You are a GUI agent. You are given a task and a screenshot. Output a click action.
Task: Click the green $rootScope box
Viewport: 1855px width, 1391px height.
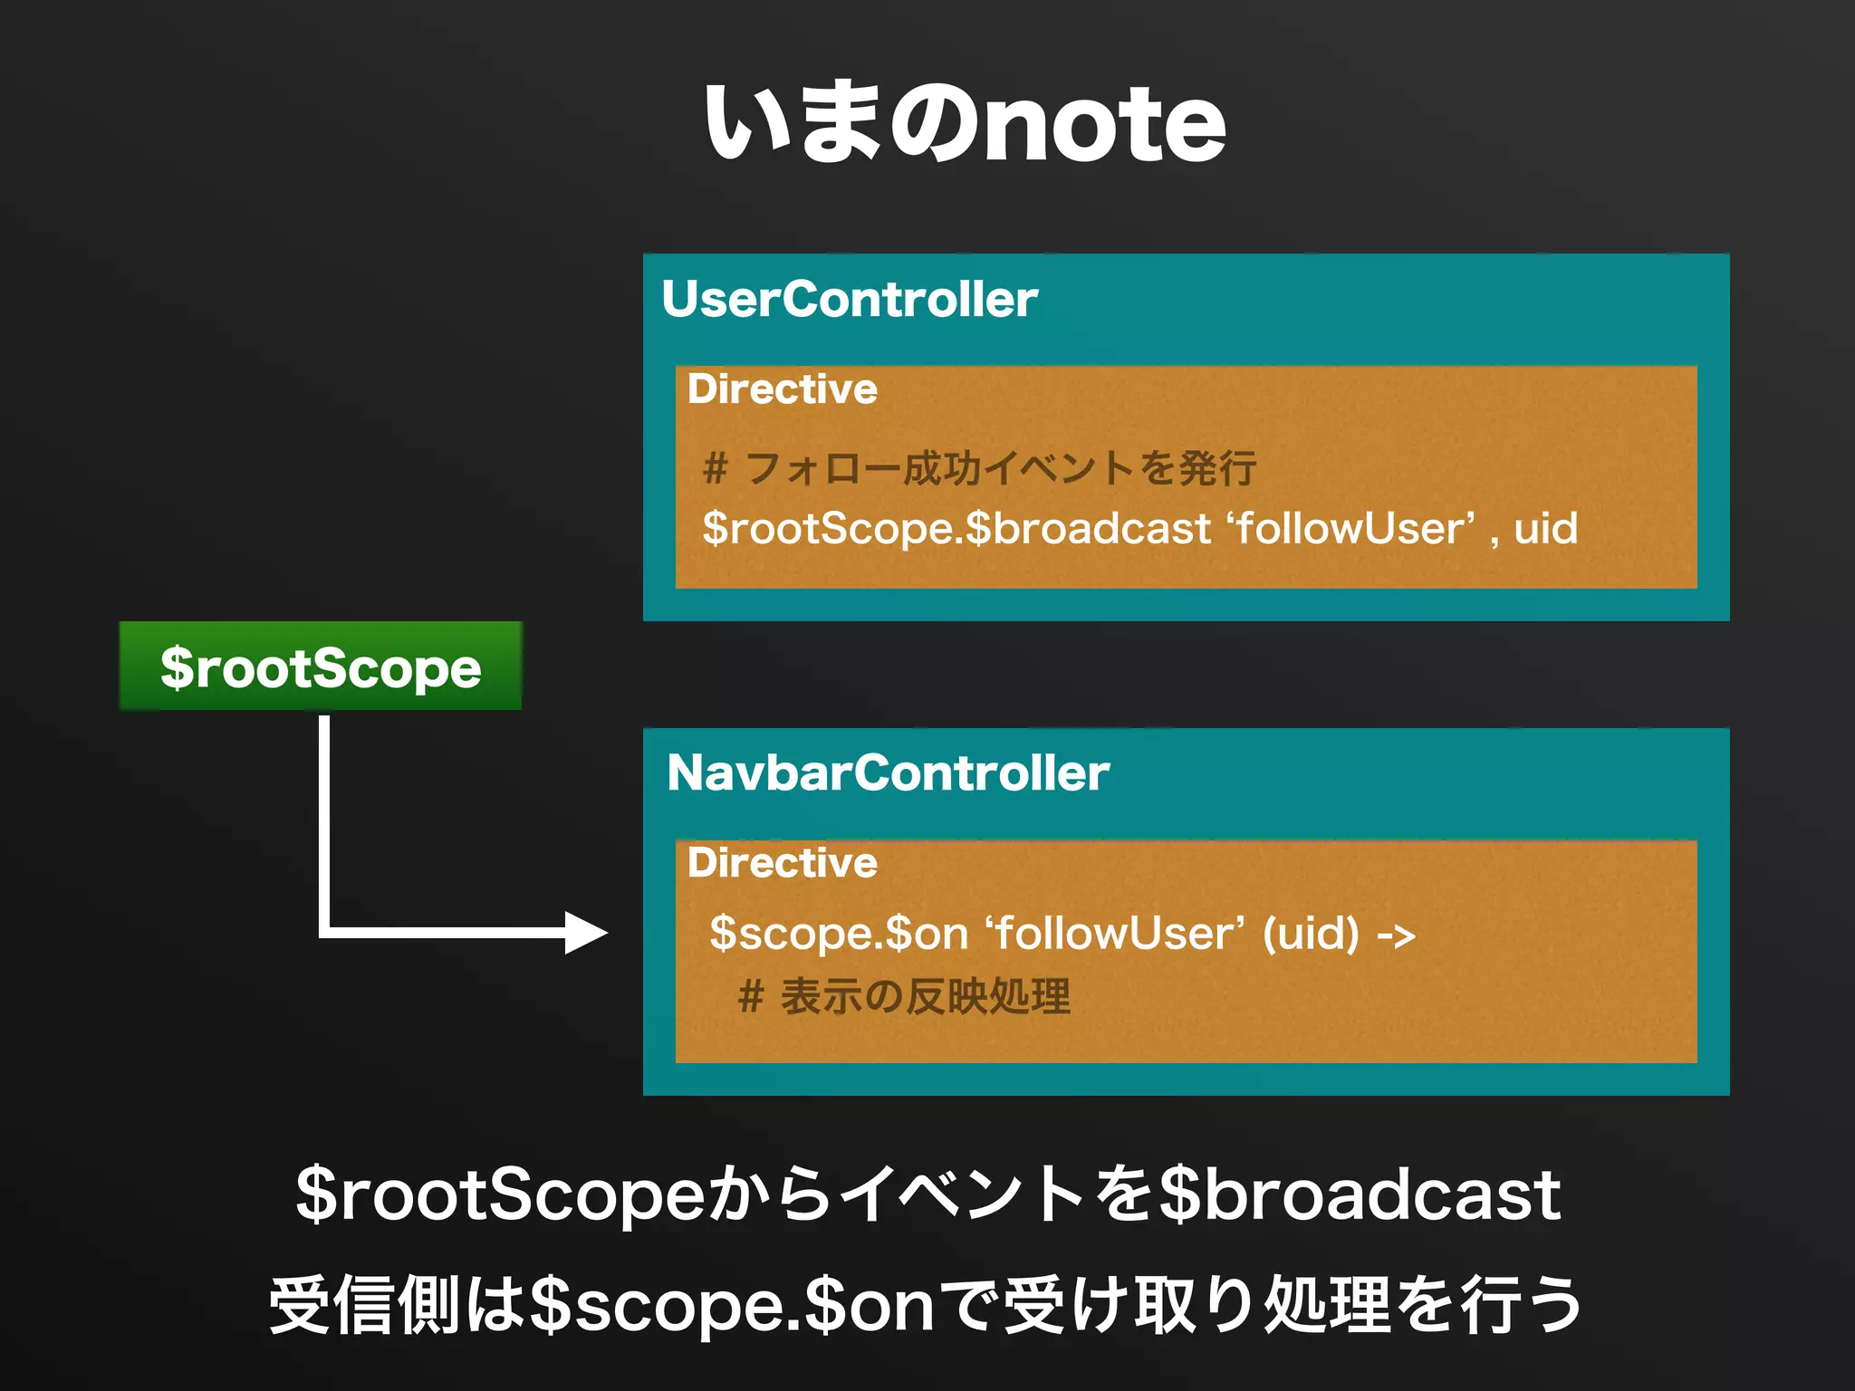(321, 667)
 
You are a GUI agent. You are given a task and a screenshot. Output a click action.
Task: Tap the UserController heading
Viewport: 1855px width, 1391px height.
(850, 300)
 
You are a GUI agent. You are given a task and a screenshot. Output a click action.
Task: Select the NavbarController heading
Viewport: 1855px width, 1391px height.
(888, 773)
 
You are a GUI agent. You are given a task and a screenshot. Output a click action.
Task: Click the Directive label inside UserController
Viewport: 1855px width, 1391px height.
(783, 389)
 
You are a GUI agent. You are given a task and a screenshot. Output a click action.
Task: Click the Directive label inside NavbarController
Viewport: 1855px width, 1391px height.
(783, 863)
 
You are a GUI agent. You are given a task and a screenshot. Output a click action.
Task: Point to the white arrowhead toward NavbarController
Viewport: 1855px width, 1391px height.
(584, 932)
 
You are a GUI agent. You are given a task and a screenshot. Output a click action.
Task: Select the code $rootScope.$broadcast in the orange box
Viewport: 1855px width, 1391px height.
(956, 528)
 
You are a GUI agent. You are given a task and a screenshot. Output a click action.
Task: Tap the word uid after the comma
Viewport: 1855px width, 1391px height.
(1545, 528)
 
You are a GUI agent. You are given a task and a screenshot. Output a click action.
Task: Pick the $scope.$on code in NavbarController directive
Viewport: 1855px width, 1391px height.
(839, 934)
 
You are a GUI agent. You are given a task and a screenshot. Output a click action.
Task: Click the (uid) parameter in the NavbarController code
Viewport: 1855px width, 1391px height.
(1311, 934)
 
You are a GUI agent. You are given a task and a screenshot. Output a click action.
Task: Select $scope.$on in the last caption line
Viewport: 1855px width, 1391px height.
(732, 1306)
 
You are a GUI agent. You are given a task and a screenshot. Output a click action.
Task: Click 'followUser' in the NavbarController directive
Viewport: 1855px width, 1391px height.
(1114, 934)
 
